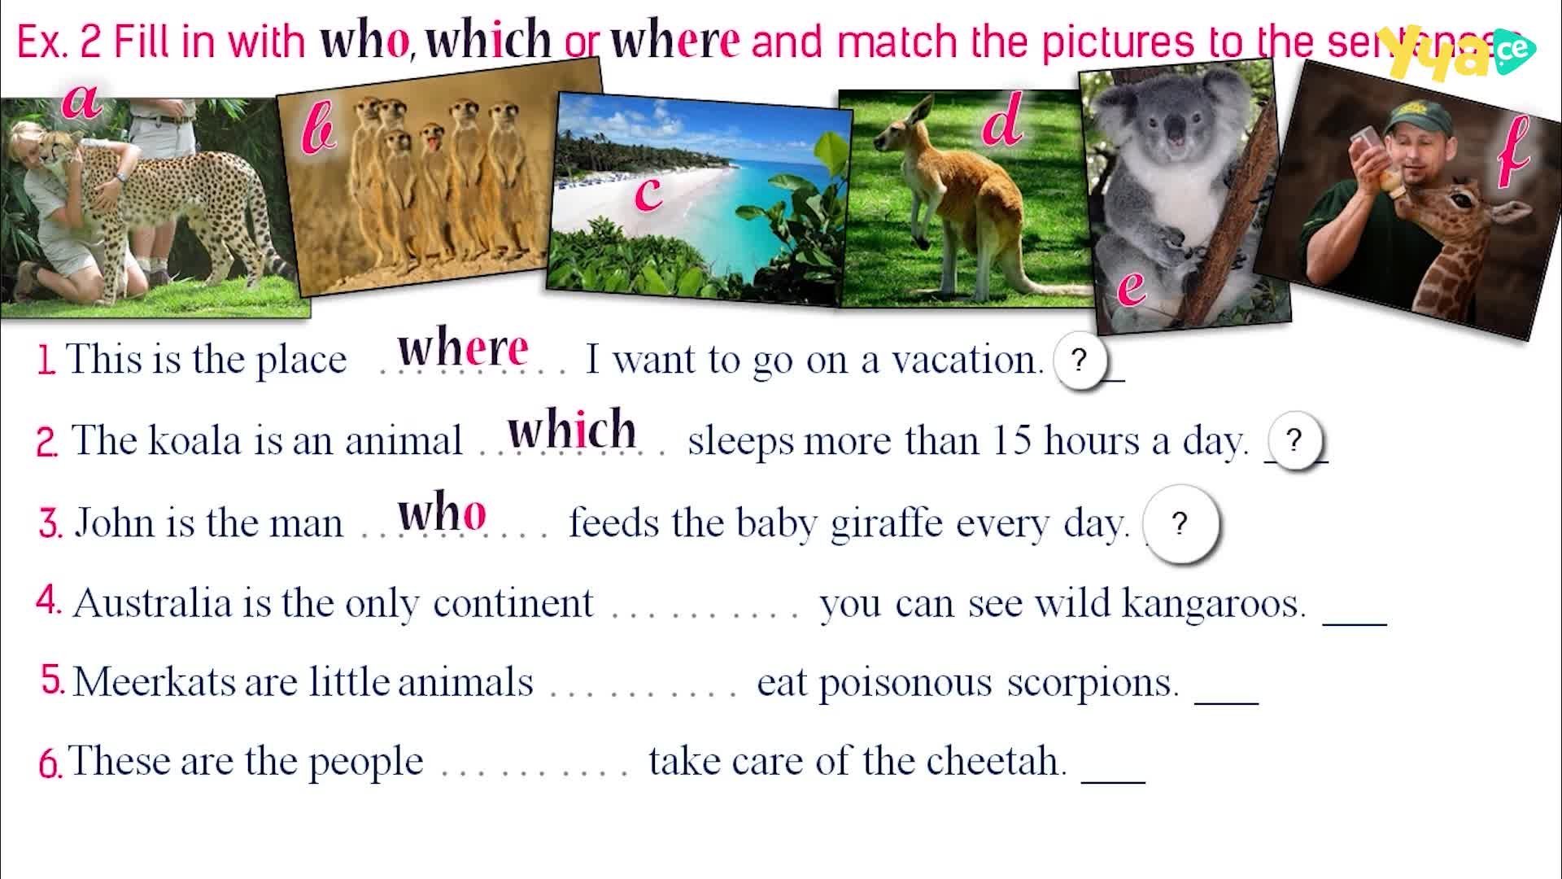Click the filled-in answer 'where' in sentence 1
click(463, 349)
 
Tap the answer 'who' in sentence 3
click(442, 513)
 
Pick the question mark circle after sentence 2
click(1294, 440)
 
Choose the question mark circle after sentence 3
click(1180, 523)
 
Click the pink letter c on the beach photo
click(648, 194)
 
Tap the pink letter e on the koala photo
click(1132, 287)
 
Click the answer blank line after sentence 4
click(1355, 624)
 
